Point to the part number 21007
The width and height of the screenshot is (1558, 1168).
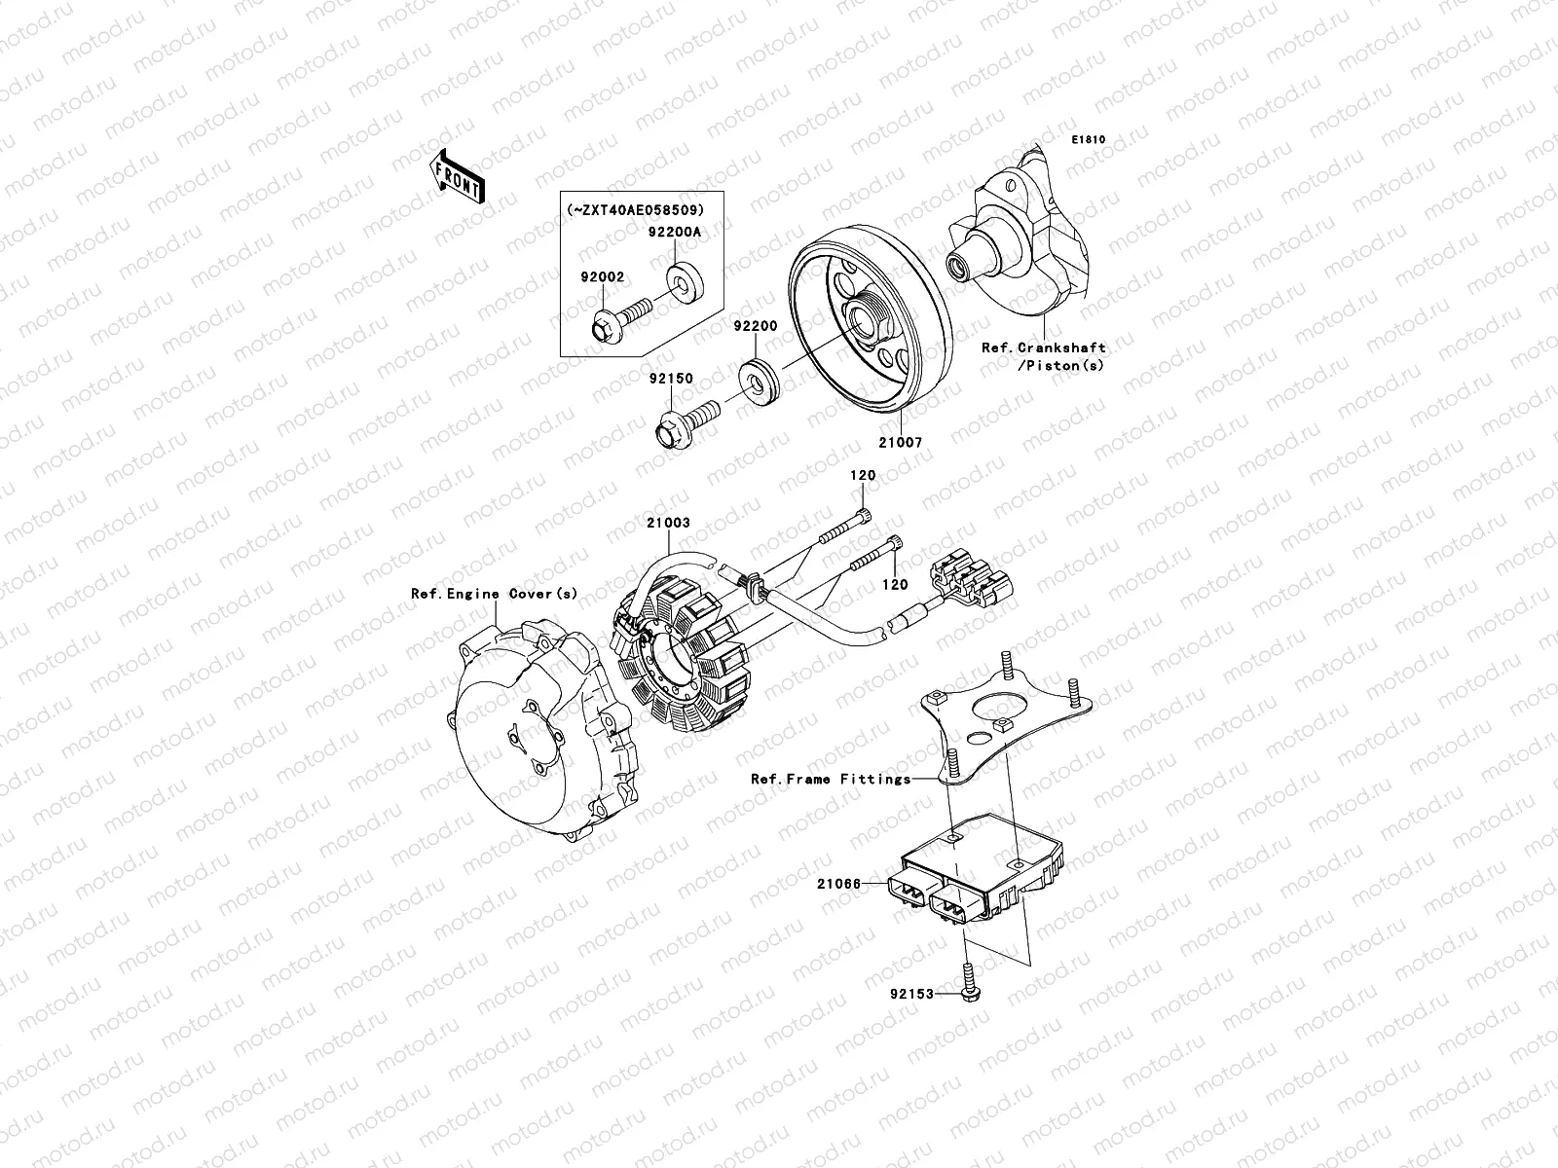(902, 443)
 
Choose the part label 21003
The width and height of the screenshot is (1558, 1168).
(668, 523)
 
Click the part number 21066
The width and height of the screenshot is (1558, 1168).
(838, 884)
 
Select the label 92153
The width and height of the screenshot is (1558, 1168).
(910, 994)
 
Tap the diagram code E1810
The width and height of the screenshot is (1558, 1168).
(1089, 140)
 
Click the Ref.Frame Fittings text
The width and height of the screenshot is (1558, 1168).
(831, 779)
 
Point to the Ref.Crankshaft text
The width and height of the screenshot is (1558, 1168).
(1043, 347)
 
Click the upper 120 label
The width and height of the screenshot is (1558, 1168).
(863, 476)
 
